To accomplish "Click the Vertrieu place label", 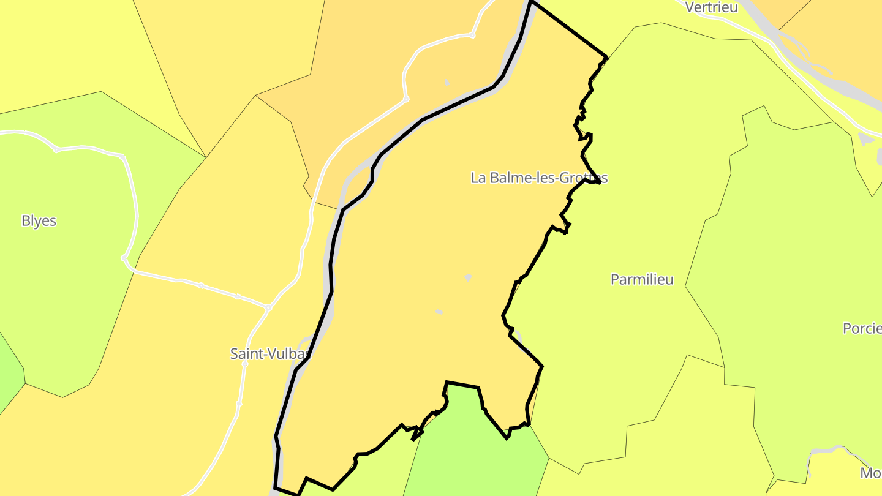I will pyautogui.click(x=711, y=7).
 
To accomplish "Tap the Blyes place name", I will pyautogui.click(x=39, y=221).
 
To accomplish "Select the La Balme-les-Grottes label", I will pyautogui.click(x=539, y=178).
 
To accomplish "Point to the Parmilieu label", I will pyautogui.click(x=642, y=279).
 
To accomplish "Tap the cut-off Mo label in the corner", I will pyautogui.click(x=870, y=473).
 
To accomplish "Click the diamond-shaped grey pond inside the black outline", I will pyautogui.click(x=468, y=277).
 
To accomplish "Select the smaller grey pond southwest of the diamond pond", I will pyautogui.click(x=439, y=312).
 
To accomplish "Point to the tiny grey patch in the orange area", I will pyautogui.click(x=447, y=82).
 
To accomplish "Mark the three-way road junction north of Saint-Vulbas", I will pyautogui.click(x=268, y=307).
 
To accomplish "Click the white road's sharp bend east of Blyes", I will pyautogui.click(x=124, y=258).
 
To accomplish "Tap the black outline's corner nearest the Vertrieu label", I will pyautogui.click(x=606, y=58).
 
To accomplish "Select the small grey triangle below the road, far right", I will pyautogui.click(x=865, y=140).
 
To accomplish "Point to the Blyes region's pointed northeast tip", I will pyautogui.click(x=205, y=156).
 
